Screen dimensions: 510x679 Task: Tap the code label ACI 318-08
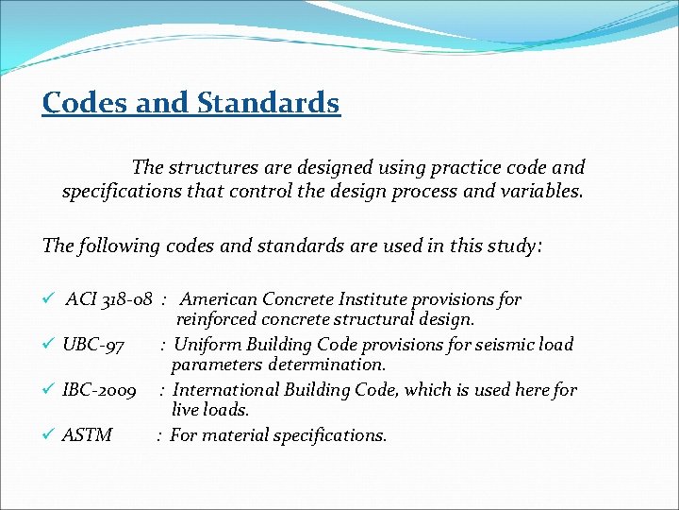108,299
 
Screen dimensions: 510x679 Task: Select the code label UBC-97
92,345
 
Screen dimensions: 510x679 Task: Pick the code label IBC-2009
99,390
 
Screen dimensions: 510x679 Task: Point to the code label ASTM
87,435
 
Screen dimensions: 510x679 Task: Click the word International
227,390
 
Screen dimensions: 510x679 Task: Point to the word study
510,246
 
